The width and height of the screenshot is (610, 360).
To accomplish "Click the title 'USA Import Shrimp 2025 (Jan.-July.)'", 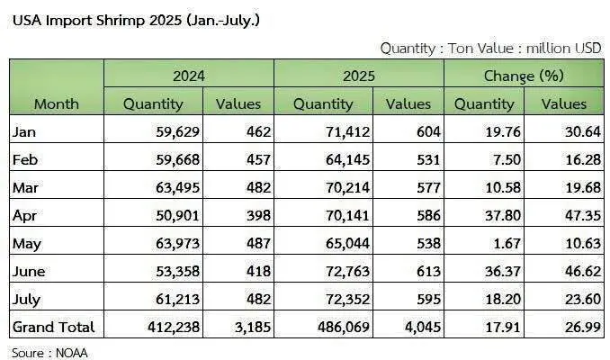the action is pyautogui.click(x=136, y=21).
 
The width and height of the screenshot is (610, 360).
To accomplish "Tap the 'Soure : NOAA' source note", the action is pyautogui.click(x=49, y=353).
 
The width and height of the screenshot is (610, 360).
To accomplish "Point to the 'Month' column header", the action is pyautogui.click(x=57, y=103).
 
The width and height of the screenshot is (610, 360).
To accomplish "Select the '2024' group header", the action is pyautogui.click(x=189, y=76).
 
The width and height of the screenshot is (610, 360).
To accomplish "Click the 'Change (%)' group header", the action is pyautogui.click(x=524, y=76).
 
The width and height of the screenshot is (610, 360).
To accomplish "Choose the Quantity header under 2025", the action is pyautogui.click(x=323, y=104).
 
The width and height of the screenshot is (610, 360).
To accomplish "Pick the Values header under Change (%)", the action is pyautogui.click(x=564, y=103).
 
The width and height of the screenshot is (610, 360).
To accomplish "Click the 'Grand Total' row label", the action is pyautogui.click(x=54, y=327).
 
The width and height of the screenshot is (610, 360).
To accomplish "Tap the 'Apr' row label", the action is pyautogui.click(x=24, y=216).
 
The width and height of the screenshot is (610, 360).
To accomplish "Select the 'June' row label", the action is pyautogui.click(x=29, y=271).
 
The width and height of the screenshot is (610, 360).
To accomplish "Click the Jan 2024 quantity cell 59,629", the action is pyautogui.click(x=178, y=132).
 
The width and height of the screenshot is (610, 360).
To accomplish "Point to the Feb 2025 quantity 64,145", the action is pyautogui.click(x=348, y=159).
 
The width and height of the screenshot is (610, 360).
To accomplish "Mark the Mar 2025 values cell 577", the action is pyautogui.click(x=428, y=187).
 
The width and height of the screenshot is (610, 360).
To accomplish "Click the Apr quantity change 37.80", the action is pyautogui.click(x=503, y=215).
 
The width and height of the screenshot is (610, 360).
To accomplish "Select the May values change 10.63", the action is pyautogui.click(x=583, y=243).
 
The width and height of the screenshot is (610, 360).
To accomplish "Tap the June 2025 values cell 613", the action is pyautogui.click(x=428, y=271).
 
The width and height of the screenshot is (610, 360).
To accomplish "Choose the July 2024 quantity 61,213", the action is pyautogui.click(x=178, y=300).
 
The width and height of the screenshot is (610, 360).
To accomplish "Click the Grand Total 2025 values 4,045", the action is pyautogui.click(x=423, y=328).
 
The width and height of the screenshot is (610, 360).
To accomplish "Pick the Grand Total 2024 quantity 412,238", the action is pyautogui.click(x=174, y=328).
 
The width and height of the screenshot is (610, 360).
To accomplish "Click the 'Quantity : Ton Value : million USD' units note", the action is pyautogui.click(x=491, y=49).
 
